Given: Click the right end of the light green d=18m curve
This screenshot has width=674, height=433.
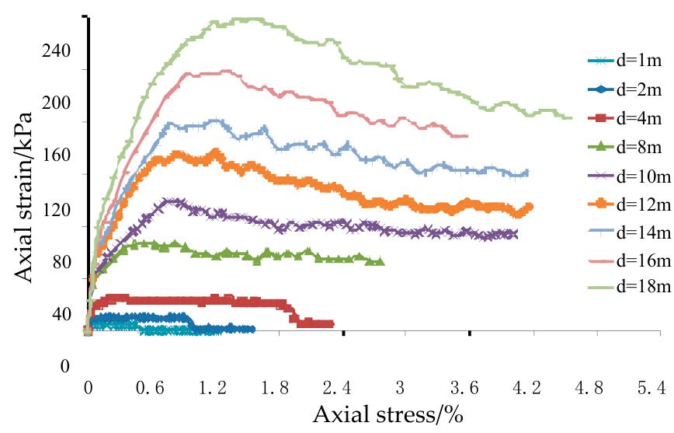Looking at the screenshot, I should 571,118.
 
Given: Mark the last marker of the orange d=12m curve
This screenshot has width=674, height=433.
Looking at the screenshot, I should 530,207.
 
